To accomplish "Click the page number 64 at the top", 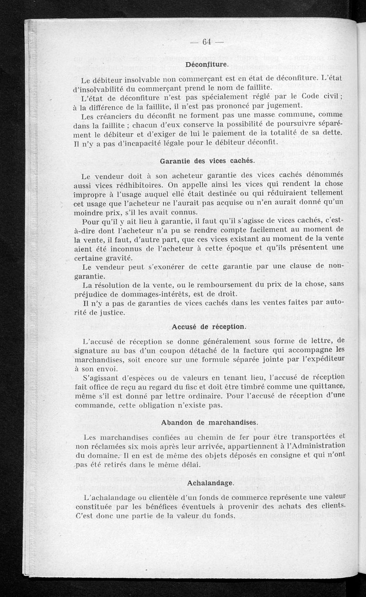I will pos(206,42).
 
